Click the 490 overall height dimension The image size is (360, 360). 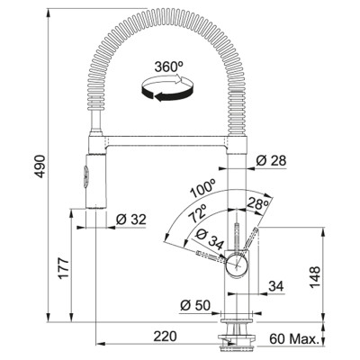tap(40, 166)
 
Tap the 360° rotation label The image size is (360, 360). tap(169, 67)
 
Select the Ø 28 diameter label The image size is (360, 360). tap(271, 161)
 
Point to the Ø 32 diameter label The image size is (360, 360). tap(131, 220)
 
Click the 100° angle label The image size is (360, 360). tap(202, 188)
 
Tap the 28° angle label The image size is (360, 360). tap(257, 204)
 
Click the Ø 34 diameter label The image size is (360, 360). tap(209, 238)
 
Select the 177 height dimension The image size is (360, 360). tap(64, 268)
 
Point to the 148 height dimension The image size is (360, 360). tap(315, 277)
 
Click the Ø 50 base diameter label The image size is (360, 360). tap(195, 305)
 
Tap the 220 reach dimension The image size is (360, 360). tap(166, 337)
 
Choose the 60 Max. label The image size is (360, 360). tap(293, 339)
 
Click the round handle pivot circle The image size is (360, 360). tap(237, 263)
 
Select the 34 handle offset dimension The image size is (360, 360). tap(276, 286)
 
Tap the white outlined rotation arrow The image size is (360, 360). tap(166, 79)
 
